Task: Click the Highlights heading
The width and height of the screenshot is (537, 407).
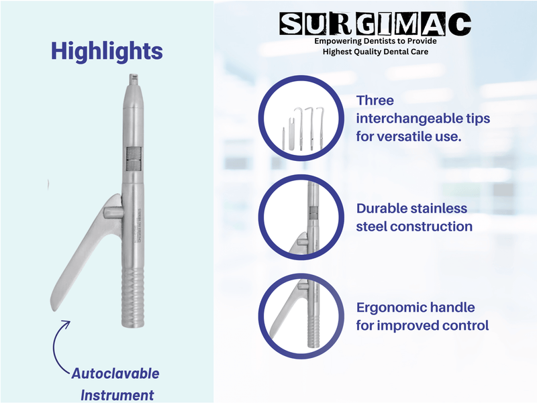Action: click(x=106, y=52)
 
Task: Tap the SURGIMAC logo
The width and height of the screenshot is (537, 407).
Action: click(x=375, y=25)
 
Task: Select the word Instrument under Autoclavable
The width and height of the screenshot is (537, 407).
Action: click(x=117, y=395)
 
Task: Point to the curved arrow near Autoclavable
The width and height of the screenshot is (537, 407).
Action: click(x=61, y=342)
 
